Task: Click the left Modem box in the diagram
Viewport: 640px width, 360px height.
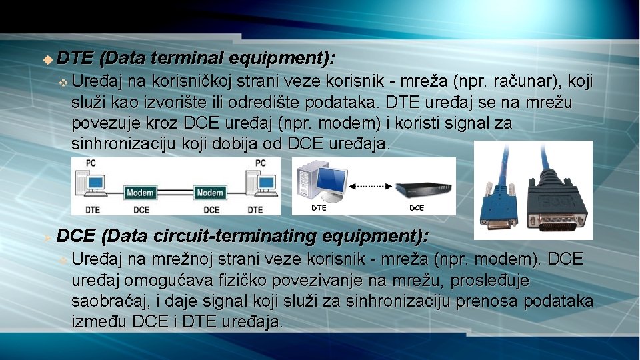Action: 140,193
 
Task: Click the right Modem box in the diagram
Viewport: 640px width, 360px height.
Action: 211,193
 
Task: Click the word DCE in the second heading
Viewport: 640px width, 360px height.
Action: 75,235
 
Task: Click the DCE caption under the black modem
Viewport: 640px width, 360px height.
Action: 416,208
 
